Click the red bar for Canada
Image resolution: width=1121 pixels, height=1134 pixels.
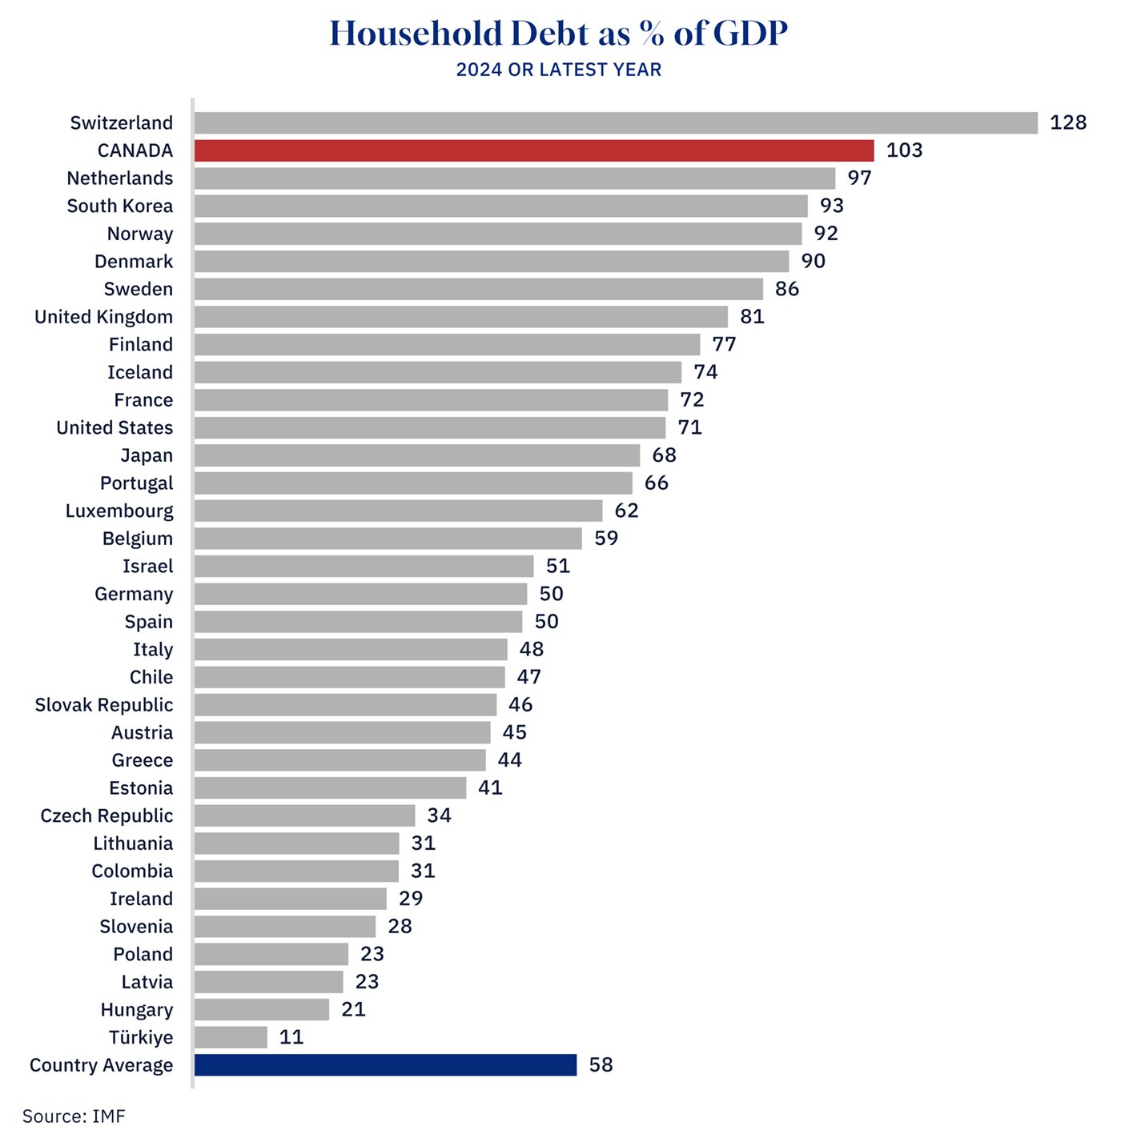tap(534, 150)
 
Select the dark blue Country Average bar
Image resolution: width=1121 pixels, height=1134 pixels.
tap(385, 1065)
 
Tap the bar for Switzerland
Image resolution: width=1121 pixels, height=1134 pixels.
tap(616, 122)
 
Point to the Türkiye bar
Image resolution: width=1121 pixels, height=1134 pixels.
tap(231, 1037)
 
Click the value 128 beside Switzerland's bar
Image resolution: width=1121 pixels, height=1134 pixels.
tap(1068, 122)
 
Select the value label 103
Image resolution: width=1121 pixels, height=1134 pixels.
tap(904, 150)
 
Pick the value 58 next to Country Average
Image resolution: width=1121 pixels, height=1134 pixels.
tap(601, 1065)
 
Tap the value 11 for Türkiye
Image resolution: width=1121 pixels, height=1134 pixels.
tap(291, 1037)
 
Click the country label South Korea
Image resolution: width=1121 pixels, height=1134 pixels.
tap(120, 206)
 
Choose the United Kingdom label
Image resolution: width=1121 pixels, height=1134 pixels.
tap(103, 317)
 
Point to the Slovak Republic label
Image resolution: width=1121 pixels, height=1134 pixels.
tap(104, 705)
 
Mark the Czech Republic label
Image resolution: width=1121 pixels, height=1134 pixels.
tap(106, 815)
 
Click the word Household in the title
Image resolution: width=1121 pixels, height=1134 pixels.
tap(416, 34)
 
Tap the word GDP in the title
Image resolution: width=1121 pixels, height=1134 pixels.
tap(749, 34)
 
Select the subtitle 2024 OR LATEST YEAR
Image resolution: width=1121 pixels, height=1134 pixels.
tap(559, 70)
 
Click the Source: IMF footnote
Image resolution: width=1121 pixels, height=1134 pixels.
tap(74, 1116)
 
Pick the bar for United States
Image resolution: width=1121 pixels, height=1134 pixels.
tap(429, 427)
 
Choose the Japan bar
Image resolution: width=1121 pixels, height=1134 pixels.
tap(416, 455)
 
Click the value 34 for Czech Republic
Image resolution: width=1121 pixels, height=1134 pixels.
tap(439, 815)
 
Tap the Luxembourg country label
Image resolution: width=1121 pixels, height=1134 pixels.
tap(119, 511)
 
